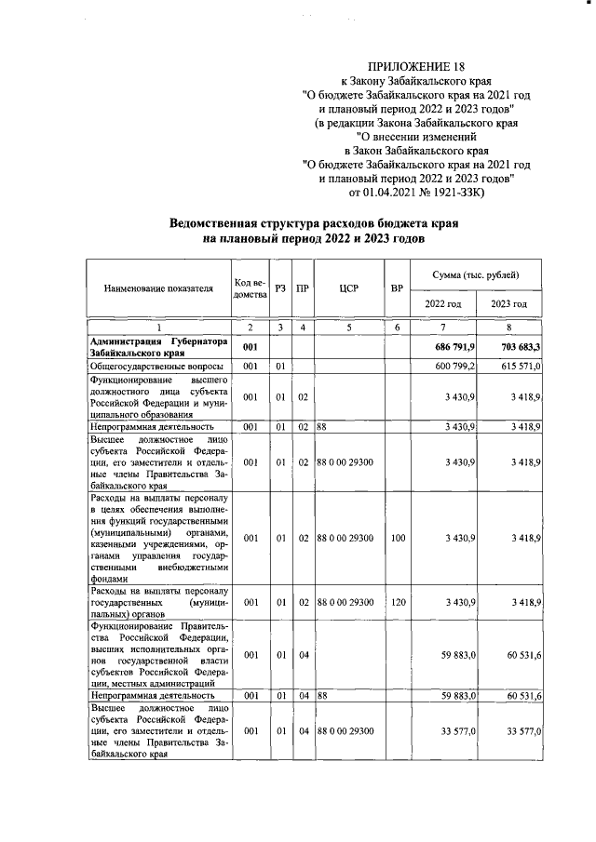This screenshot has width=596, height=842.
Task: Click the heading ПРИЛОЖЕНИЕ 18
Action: pyautogui.click(x=414, y=67)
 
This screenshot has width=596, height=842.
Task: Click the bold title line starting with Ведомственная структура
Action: pyautogui.click(x=313, y=224)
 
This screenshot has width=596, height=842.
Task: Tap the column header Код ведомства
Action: pyautogui.click(x=250, y=288)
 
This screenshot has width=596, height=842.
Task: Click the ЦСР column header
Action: pyautogui.click(x=349, y=288)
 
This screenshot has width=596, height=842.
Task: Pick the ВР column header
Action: pyautogui.click(x=398, y=288)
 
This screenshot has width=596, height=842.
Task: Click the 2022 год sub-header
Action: pyautogui.click(x=443, y=304)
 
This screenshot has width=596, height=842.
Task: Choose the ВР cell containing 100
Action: pyautogui.click(x=398, y=538)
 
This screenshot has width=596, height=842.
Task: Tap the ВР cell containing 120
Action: pyautogui.click(x=398, y=603)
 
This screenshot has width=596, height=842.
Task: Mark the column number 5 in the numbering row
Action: pyautogui.click(x=349, y=327)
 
